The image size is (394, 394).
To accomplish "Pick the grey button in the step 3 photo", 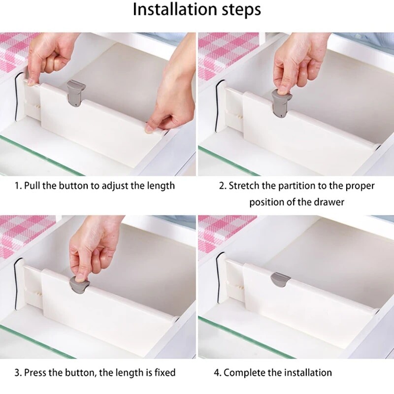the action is (x=79, y=285).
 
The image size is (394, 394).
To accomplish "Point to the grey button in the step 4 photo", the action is (x=281, y=279).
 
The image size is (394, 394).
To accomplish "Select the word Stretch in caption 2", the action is (x=244, y=186).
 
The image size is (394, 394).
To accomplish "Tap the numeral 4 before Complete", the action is (x=217, y=373).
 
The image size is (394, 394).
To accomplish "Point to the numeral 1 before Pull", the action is (x=17, y=186).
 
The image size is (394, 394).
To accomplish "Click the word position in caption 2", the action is (x=266, y=203).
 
